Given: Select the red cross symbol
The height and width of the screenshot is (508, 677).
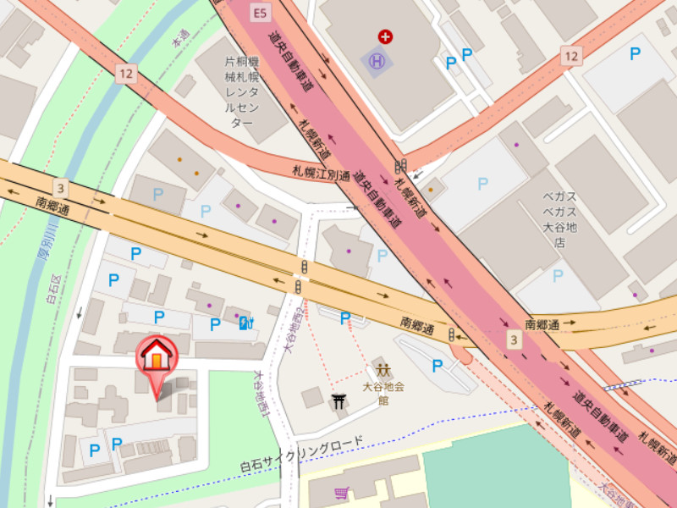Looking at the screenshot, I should pyautogui.click(x=386, y=36).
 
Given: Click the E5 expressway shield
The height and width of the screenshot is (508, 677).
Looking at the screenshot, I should pyautogui.click(x=259, y=12).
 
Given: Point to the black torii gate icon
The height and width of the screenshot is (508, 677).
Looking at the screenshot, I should pyautogui.click(x=341, y=401).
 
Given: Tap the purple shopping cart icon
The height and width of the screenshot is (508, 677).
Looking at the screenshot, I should pyautogui.click(x=342, y=493).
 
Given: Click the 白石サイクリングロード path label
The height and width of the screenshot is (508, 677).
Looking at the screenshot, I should pyautogui.click(x=301, y=455).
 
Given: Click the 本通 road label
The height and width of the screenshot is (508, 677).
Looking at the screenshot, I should pyautogui.click(x=179, y=40).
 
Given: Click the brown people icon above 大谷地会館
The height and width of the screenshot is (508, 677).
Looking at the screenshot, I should pyautogui.click(x=383, y=370).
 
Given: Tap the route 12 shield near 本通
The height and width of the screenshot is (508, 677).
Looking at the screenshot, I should pyautogui.click(x=127, y=74).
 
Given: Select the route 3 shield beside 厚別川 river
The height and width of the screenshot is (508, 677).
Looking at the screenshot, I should pyautogui.click(x=59, y=186).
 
